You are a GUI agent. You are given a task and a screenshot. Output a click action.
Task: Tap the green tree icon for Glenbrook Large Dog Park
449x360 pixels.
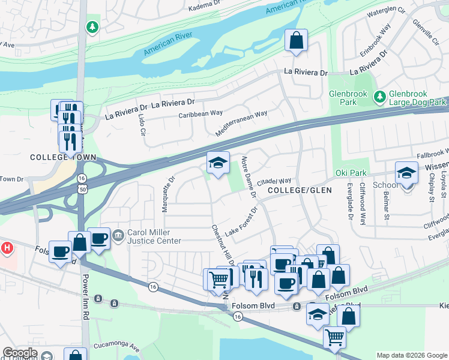point(379,96)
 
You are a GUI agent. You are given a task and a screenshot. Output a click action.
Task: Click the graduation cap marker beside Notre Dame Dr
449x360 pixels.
point(218,162)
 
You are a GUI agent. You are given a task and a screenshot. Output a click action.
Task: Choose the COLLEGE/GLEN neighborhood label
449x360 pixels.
point(300,190)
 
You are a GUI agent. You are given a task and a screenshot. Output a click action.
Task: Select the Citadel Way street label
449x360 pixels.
point(274,181)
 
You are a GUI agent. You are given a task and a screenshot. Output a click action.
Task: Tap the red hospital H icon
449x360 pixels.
point(7,247)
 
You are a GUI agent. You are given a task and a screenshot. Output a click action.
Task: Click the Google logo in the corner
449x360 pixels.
point(20,353)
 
